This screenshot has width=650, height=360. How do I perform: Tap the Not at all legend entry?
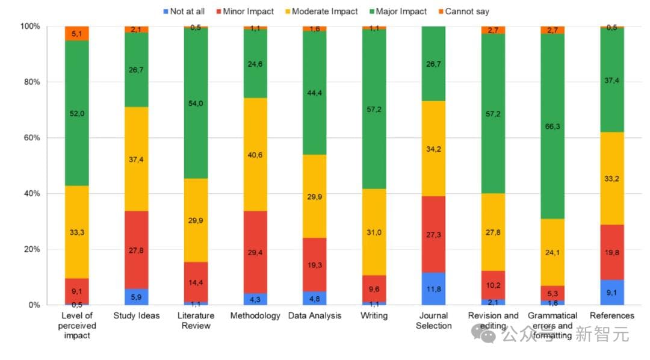click(185, 11)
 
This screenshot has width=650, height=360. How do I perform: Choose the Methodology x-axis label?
click(255, 315)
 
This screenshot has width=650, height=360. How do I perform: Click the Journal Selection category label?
click(433, 320)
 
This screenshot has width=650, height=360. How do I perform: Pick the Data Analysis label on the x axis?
click(315, 315)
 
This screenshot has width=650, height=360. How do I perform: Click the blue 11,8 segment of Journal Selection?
click(433, 288)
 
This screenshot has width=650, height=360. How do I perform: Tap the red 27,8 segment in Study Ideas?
click(136, 250)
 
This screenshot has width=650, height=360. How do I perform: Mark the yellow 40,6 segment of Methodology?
click(255, 154)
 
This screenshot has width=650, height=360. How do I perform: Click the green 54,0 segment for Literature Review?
click(196, 103)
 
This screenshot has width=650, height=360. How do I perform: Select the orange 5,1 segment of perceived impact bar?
click(76, 33)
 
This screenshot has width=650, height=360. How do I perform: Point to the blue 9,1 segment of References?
click(612, 292)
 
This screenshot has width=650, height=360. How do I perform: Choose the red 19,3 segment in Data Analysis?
click(315, 264)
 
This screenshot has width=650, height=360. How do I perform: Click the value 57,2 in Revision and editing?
click(494, 113)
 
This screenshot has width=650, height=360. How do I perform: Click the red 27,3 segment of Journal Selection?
click(433, 234)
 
